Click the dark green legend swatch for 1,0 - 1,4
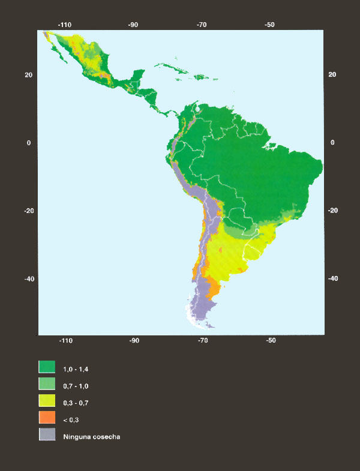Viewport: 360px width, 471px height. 47,367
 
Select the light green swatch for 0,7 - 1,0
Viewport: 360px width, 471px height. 47,384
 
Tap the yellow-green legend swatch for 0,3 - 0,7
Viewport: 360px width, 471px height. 47,401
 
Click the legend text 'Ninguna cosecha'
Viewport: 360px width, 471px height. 92,436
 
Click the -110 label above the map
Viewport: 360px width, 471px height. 65,25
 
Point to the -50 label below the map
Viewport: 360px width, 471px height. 271,341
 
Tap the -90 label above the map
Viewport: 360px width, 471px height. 133,25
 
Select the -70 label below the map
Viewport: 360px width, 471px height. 202,341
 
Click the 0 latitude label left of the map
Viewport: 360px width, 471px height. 28,143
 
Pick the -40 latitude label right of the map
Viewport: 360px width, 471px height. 332,278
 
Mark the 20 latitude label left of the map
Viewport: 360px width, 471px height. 28,75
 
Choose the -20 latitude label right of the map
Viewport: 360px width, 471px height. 332,211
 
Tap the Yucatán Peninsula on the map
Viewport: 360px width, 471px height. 139,76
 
